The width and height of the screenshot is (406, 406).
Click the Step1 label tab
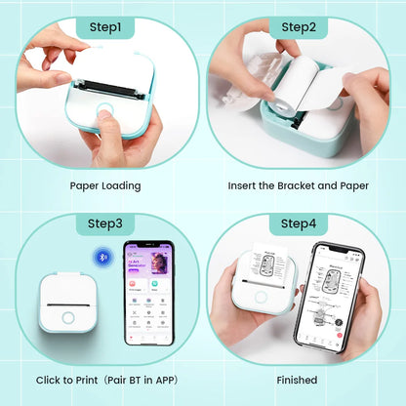(104, 29)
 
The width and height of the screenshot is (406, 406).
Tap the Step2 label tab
(299, 29)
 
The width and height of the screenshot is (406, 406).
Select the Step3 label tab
(104, 223)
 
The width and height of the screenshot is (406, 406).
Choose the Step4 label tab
(299, 223)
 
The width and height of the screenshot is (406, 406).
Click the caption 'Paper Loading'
(104, 184)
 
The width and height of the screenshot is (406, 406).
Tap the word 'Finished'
(298, 380)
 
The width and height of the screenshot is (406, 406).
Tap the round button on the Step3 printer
(68, 316)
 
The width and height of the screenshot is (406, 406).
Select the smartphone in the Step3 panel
(147, 292)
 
